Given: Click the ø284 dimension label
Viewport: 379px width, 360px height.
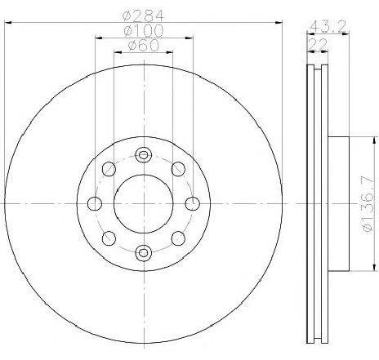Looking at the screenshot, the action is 144,16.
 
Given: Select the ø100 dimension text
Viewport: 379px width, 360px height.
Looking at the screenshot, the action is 144,30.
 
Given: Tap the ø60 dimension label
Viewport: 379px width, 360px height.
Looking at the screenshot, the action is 144,45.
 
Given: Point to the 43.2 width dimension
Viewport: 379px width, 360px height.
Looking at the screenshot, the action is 328,26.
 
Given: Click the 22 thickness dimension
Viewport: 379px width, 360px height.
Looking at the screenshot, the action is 317,44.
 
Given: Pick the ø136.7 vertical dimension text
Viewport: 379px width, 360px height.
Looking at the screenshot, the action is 368,203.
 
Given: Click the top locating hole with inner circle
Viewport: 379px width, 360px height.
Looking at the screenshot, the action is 144,155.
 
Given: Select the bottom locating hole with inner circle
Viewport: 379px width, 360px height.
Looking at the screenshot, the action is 144,252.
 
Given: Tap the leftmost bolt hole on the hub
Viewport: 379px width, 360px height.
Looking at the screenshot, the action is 95,203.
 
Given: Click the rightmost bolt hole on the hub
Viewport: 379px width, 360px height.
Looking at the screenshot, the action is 193,203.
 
